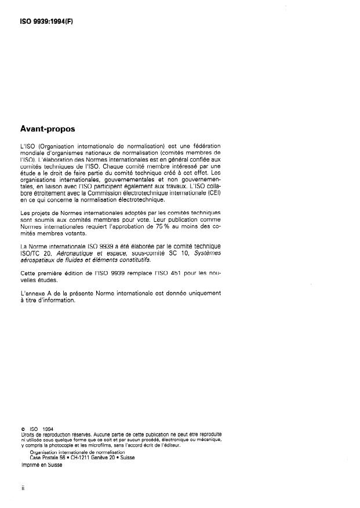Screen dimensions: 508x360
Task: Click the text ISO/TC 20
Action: click(34, 253)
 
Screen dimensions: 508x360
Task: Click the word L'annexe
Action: click(33, 293)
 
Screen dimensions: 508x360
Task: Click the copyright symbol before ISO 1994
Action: click(23, 429)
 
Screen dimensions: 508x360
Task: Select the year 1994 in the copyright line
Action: click(46, 429)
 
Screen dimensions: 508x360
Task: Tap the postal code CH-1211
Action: click(81, 456)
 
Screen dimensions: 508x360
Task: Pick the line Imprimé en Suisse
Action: click(42, 464)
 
